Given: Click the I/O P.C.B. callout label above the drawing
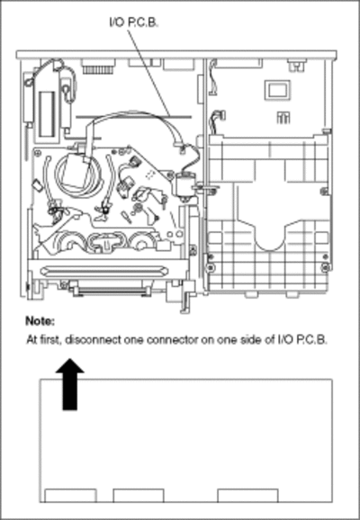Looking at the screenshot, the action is [133, 22].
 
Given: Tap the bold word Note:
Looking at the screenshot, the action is [40, 321].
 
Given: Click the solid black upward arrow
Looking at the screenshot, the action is [69, 385].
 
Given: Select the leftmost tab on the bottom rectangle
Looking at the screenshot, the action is [71, 496].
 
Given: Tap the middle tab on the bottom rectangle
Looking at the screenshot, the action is [139, 496].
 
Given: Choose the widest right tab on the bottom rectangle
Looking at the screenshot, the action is [247, 496].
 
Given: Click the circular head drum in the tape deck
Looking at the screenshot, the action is [79, 175].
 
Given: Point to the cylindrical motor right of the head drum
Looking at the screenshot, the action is [183, 187].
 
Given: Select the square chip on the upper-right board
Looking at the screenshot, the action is [277, 90].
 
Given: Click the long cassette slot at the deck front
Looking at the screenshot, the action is [103, 270].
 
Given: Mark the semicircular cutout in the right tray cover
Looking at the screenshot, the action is [269, 238].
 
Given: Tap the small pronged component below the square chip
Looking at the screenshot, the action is [283, 118].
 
